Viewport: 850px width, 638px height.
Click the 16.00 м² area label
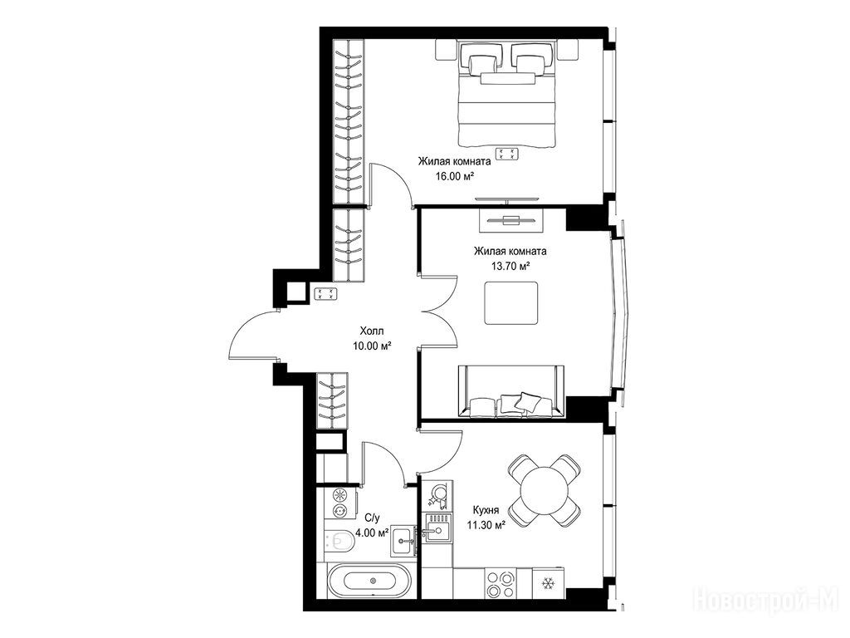455,176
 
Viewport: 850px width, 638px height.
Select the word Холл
371,331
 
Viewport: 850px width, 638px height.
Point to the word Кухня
486,510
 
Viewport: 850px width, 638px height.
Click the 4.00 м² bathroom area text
373,532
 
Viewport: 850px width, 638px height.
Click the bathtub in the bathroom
373,581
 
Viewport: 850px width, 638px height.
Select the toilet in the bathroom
340,540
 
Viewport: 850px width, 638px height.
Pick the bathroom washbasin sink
403,540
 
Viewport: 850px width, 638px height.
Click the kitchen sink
437,528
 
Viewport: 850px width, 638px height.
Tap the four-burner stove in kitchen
501,584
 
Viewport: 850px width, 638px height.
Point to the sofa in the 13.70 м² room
511,392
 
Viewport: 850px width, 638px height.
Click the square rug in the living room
511,302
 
